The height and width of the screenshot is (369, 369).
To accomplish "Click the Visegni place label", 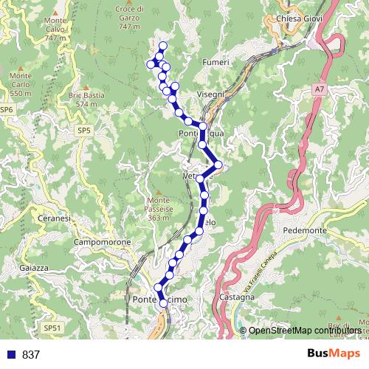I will click(x=211, y=94).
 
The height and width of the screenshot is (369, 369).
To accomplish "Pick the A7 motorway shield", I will click(x=318, y=89).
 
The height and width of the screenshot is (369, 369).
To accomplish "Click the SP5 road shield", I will click(x=83, y=131).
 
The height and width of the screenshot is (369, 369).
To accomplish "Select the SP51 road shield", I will click(x=52, y=327).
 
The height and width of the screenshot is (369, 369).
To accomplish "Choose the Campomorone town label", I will click(x=103, y=242).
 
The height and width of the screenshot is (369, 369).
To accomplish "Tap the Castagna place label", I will click(x=237, y=297).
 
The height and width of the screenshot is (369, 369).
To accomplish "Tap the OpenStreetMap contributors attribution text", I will click(x=305, y=330).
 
